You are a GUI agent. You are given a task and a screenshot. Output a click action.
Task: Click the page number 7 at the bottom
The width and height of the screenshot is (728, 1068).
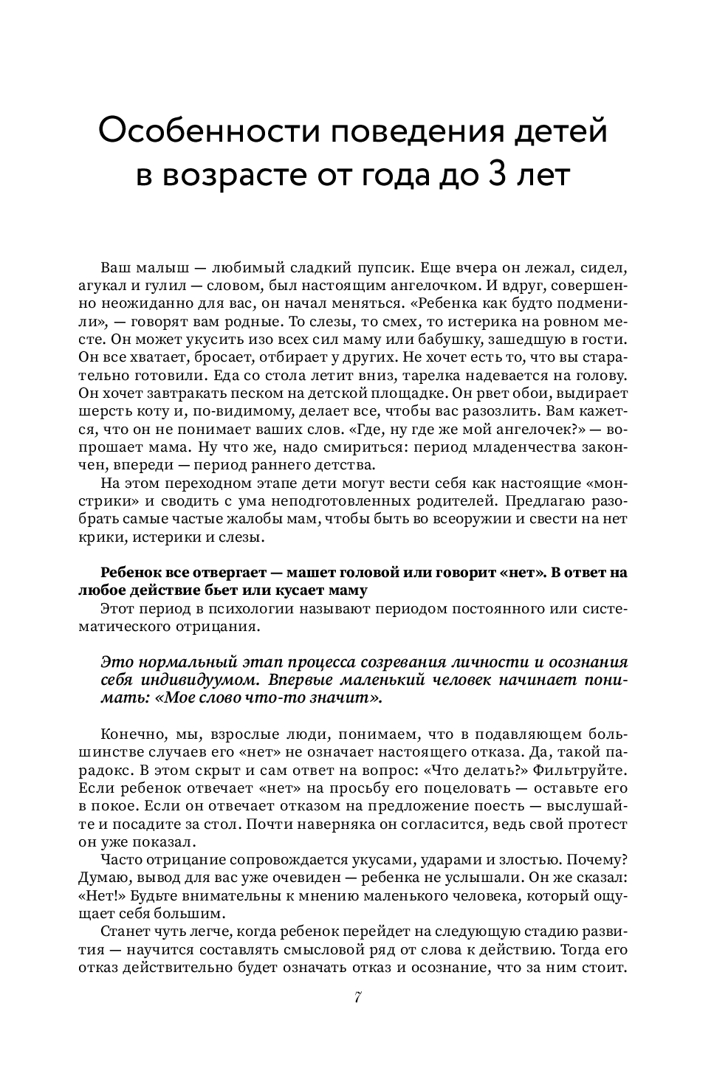click(357, 997)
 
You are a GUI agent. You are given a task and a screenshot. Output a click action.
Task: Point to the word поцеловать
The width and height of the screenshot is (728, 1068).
click(422, 789)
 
